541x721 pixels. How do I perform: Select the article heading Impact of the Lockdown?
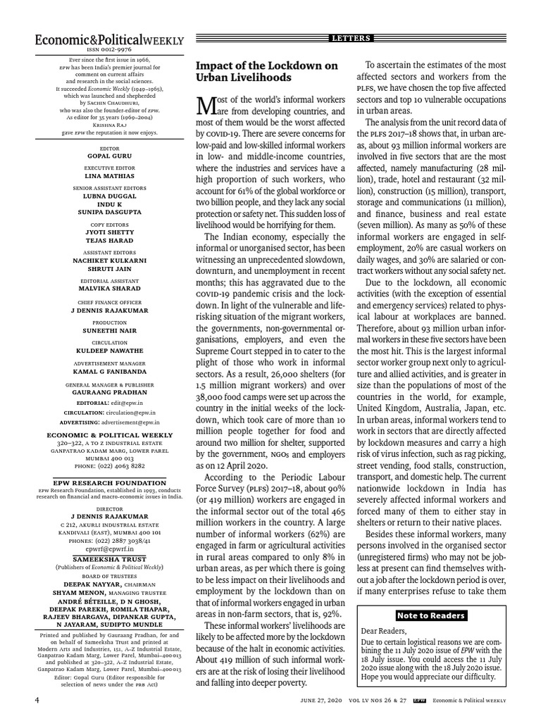266,72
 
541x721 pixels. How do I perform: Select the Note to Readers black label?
431,615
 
